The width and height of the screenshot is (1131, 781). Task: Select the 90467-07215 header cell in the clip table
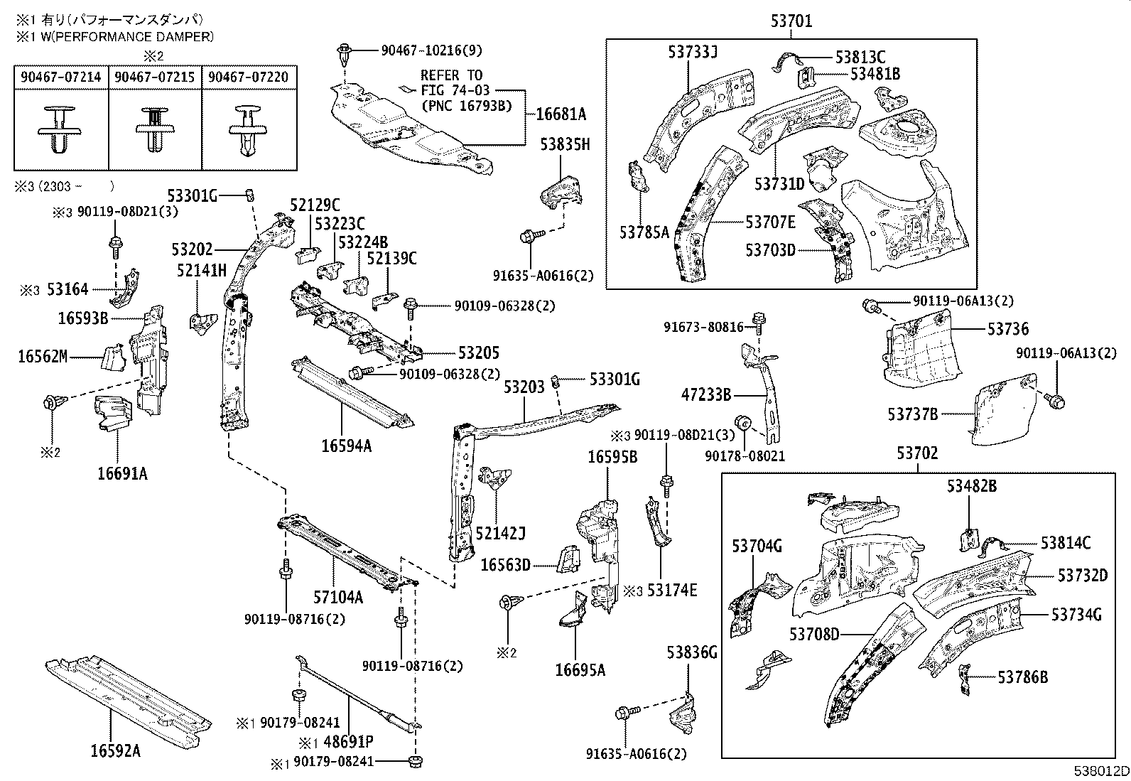point(155,77)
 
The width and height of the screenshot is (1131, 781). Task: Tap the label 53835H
point(565,145)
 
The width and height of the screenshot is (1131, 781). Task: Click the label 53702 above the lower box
point(916,453)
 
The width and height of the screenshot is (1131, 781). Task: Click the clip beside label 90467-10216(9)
point(345,52)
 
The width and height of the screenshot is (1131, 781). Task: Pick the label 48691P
point(348,743)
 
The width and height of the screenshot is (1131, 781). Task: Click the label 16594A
point(346,446)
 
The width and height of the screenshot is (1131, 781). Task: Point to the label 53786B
point(1022,677)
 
